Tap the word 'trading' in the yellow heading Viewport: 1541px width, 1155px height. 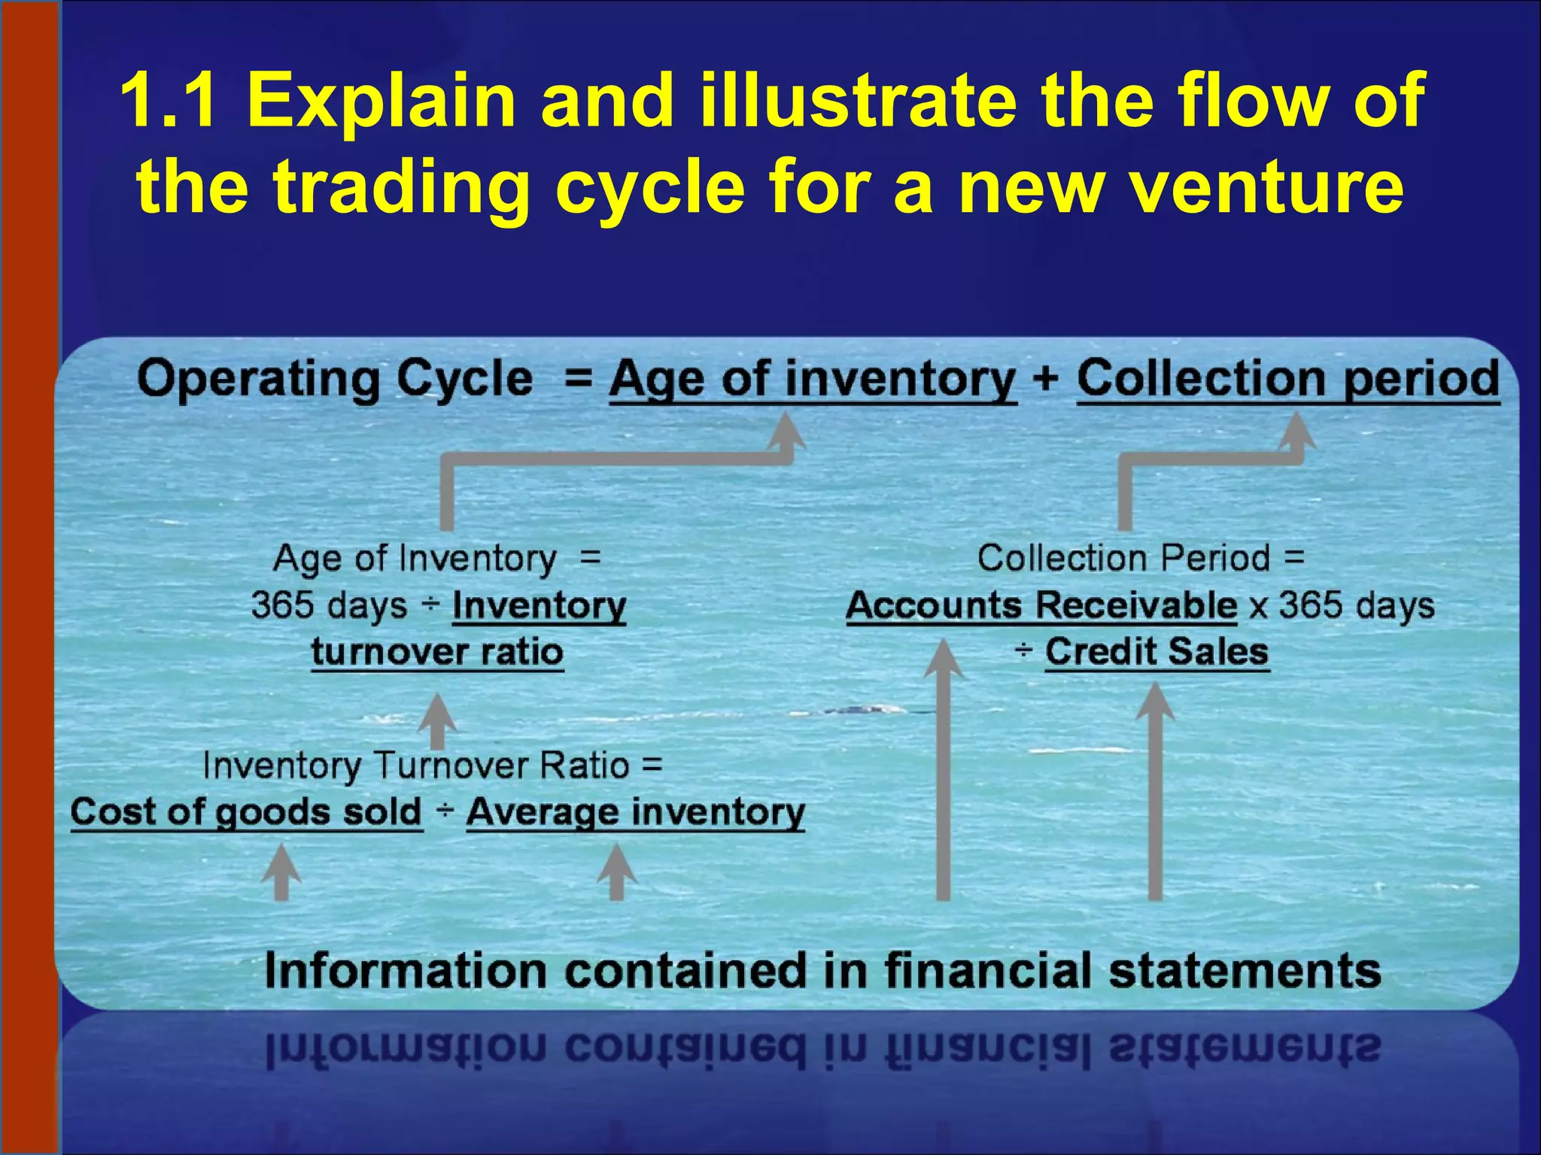pos(401,188)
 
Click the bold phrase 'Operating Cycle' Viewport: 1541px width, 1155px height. pos(335,378)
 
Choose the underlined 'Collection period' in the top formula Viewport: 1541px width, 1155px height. pos(1288,378)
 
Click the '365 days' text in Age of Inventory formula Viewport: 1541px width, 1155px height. pos(329,605)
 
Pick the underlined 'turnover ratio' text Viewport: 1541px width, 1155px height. pos(437,652)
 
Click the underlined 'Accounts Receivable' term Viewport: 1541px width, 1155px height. pos(1041,605)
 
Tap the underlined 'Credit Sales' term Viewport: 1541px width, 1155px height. pos(1157,652)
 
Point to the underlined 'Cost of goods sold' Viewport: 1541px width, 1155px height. pos(246,813)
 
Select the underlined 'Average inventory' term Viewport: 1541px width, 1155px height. pos(636,813)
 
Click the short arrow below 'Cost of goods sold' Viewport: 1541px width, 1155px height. pos(281,872)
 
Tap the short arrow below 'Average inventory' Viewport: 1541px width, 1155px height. pos(617,872)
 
